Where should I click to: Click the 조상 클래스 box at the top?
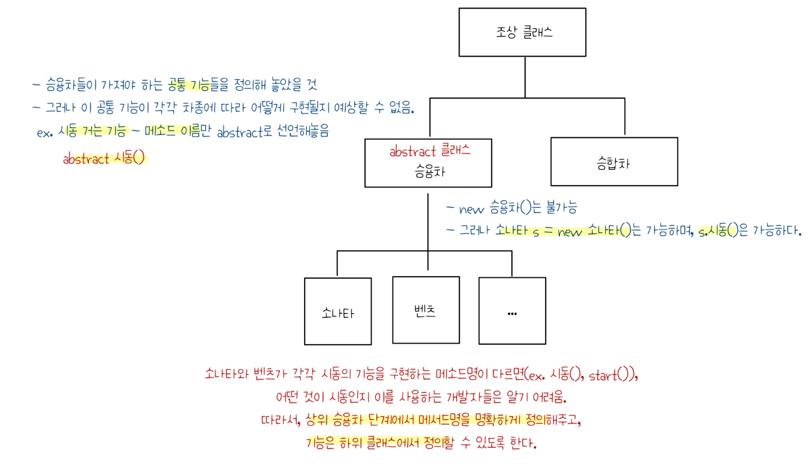[522, 32]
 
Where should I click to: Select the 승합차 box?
[614, 162]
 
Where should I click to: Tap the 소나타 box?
[337, 311]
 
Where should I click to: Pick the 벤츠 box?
[425, 310]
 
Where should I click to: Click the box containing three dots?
[512, 310]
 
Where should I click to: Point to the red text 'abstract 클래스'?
[430, 151]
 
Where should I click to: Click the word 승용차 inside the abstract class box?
[429, 172]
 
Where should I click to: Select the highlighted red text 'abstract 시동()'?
[104, 159]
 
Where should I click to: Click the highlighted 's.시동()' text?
[718, 231]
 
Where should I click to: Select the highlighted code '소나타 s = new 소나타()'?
[563, 231]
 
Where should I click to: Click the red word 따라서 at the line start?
[278, 420]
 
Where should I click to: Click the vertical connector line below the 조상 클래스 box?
[525, 76]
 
